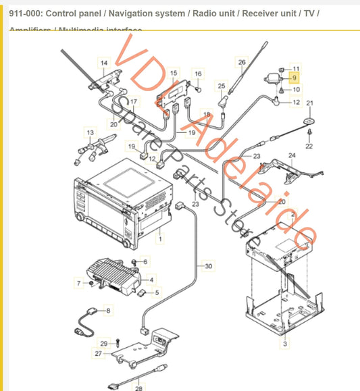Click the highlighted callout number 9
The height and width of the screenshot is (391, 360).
(x=294, y=78)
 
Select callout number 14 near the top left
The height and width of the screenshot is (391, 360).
(x=103, y=63)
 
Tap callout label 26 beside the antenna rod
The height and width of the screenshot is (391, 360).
(x=242, y=63)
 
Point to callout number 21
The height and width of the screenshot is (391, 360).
(x=311, y=103)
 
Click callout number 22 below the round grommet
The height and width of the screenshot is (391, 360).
(x=309, y=146)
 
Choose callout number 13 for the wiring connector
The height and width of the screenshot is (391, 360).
(x=90, y=132)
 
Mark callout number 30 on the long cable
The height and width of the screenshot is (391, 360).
(x=208, y=266)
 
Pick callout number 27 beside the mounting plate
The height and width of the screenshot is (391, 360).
(x=99, y=353)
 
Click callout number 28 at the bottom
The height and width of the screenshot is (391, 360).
(x=140, y=388)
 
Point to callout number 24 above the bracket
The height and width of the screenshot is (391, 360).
(x=292, y=155)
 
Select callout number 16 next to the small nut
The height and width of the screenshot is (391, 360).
(x=198, y=73)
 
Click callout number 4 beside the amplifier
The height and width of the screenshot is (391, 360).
(x=151, y=279)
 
